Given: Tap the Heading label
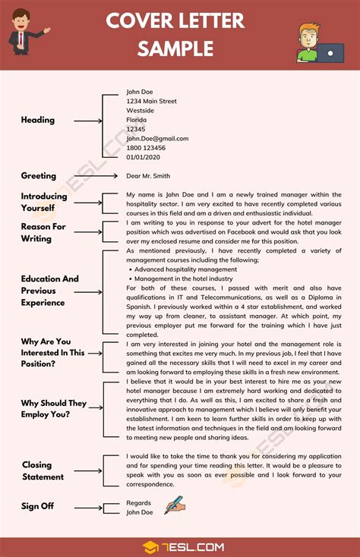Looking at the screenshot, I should click(x=38, y=120).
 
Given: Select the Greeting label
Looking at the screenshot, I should click(x=39, y=175).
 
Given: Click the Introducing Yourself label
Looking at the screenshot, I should click(x=43, y=202).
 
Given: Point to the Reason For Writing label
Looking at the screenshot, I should click(x=43, y=232).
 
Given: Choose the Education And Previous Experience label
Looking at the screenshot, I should click(x=50, y=291).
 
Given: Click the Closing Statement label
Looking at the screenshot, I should click(x=43, y=470).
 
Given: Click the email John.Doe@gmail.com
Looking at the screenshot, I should click(x=157, y=138).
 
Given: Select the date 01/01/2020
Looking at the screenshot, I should click(x=144, y=157).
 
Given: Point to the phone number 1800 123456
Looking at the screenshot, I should click(x=146, y=148).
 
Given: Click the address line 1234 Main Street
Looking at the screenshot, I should click(x=151, y=101).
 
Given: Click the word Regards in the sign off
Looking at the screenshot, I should click(x=139, y=502).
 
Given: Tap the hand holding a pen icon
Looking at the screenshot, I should click(x=175, y=505).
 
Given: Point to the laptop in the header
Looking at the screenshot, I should click(x=328, y=53).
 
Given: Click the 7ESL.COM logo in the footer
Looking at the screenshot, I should click(x=180, y=546).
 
